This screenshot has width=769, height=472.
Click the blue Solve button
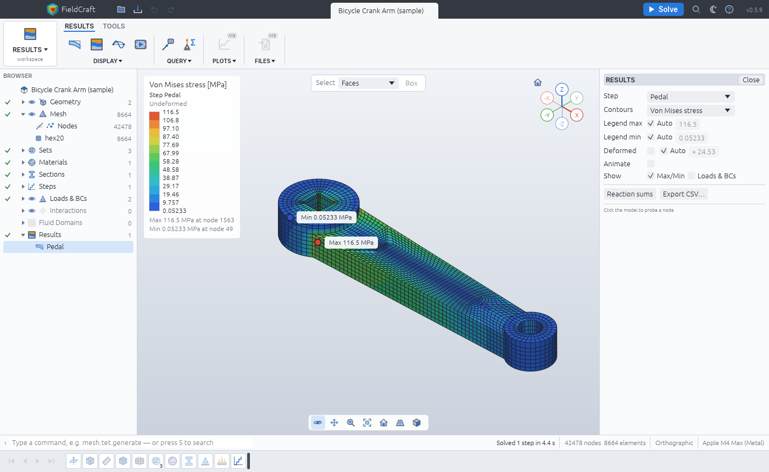[663, 9]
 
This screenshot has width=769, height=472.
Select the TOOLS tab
[114, 26]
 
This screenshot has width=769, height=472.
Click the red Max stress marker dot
[318, 243]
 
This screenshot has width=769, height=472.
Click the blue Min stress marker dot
[290, 217]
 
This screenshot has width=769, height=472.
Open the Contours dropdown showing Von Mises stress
[690, 110]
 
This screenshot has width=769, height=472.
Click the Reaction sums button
[629, 194]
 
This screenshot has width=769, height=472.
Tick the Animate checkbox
[650, 164]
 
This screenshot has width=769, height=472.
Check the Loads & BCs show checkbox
[692, 176]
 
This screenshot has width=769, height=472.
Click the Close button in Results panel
[751, 80]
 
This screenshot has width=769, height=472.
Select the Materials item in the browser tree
[53, 162]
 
